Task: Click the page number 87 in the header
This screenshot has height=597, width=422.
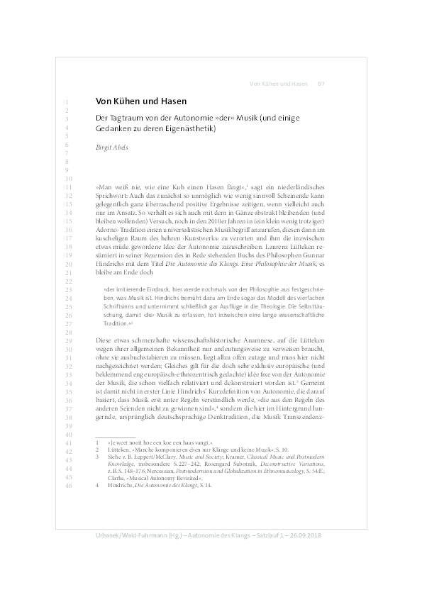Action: pos(321,84)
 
